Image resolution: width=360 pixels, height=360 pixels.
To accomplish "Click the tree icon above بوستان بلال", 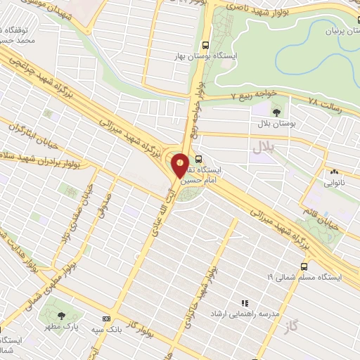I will pos(276,110).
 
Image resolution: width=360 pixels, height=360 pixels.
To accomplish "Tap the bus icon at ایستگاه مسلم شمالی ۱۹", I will pos(304,267).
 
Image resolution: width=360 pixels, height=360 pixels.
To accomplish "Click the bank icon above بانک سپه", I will pos(106,318).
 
